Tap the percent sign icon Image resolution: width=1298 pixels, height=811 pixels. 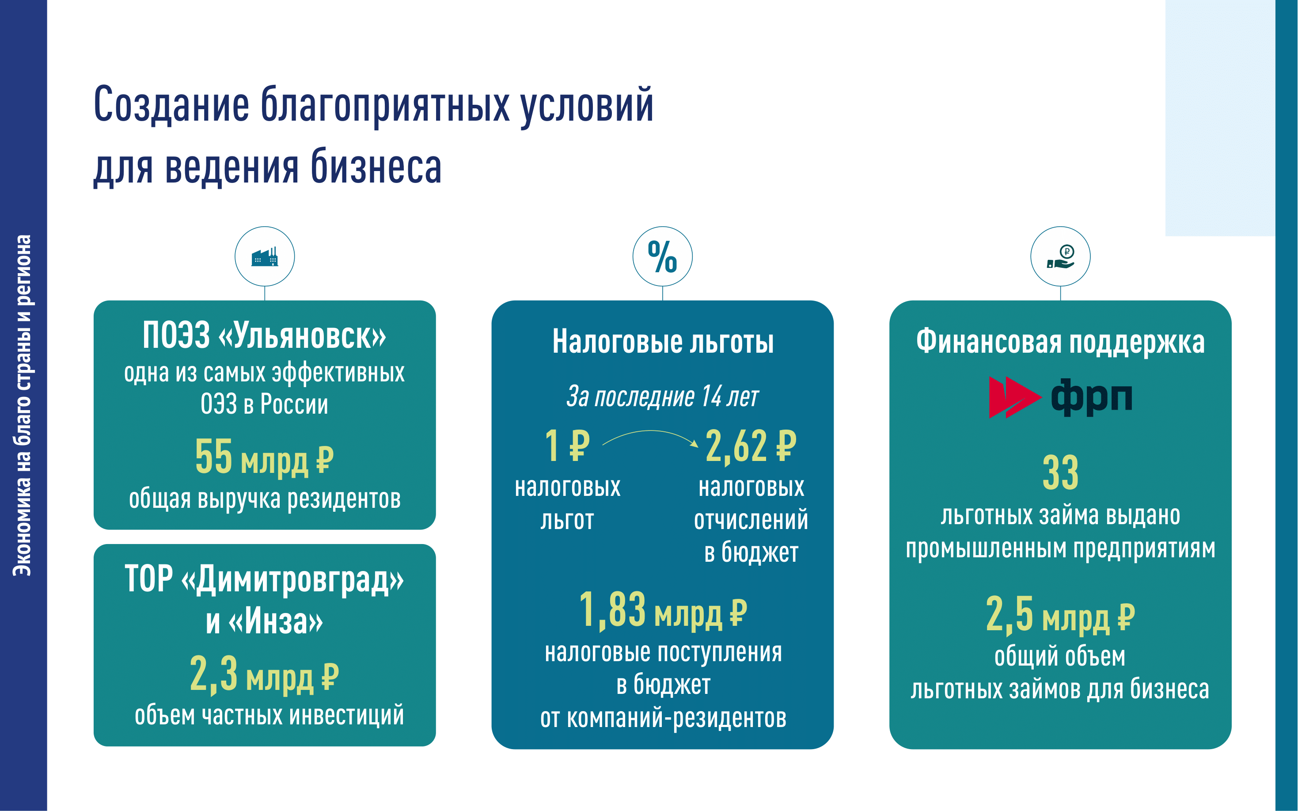662,256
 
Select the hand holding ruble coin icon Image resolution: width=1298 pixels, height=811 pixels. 1060,256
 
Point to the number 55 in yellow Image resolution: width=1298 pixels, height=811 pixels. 213,457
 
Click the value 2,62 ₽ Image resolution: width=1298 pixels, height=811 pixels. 751,446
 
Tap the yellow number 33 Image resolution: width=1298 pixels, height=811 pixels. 1060,472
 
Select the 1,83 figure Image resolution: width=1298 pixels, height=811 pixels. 612,609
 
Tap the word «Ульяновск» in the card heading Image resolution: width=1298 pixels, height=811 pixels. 302,336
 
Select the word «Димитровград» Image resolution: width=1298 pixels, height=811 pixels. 292,579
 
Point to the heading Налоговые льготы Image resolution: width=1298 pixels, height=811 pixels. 663,342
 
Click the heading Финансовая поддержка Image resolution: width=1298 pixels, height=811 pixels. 1060,342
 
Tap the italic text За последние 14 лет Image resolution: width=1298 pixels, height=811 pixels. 663,396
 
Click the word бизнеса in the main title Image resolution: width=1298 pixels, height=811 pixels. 376,167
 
